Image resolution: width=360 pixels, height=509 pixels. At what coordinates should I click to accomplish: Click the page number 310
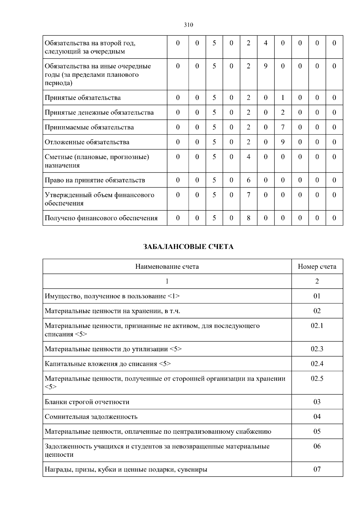(x=188, y=25)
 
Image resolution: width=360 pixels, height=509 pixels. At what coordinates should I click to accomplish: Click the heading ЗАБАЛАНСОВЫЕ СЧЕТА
(x=188, y=247)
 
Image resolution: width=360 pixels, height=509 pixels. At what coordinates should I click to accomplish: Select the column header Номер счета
(x=317, y=266)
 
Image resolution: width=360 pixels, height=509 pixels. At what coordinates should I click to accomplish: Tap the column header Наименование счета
(x=167, y=266)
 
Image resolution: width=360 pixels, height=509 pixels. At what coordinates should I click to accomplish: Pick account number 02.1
(x=317, y=325)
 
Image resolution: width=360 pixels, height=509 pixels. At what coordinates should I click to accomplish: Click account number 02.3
(x=317, y=349)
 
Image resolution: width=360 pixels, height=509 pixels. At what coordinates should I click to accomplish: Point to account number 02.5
(x=317, y=379)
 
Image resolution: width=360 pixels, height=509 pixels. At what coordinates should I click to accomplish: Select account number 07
(x=317, y=469)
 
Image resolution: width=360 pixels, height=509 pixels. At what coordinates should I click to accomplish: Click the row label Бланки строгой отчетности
(x=87, y=402)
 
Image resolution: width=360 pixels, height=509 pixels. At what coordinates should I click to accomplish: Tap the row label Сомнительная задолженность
(x=91, y=417)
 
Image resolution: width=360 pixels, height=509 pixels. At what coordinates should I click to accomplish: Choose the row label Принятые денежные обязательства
(x=99, y=112)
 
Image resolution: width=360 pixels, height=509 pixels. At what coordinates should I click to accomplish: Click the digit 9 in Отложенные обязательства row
(x=283, y=142)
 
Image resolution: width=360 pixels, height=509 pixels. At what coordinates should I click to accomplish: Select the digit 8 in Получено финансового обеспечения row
(x=248, y=218)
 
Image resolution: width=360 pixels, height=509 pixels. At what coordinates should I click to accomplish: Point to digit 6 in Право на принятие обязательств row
(x=248, y=180)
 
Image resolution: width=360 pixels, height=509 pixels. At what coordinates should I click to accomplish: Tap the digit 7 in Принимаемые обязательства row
(x=283, y=127)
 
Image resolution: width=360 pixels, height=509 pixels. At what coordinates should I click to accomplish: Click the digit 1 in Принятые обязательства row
(x=283, y=97)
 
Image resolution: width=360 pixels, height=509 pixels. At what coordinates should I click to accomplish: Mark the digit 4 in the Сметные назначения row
(x=248, y=157)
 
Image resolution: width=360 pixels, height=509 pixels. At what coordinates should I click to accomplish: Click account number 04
(x=317, y=417)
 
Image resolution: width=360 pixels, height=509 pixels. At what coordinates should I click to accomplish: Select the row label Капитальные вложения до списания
(x=108, y=364)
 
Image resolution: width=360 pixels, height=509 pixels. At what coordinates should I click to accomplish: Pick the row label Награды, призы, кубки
(x=126, y=469)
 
